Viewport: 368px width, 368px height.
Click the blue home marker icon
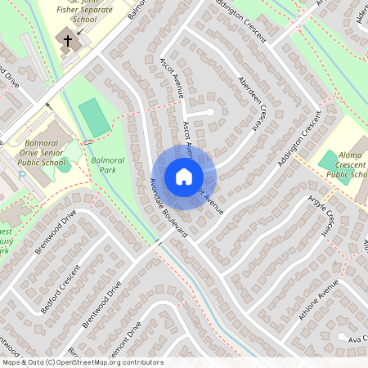pos(184,177)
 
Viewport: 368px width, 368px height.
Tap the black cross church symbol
pos(68,40)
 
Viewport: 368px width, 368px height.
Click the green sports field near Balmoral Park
pos(95,118)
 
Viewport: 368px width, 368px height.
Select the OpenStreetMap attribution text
pos(83,362)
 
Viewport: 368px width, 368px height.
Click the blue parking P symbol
pos(22,174)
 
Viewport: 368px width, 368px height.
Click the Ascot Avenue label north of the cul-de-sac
pos(169,79)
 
